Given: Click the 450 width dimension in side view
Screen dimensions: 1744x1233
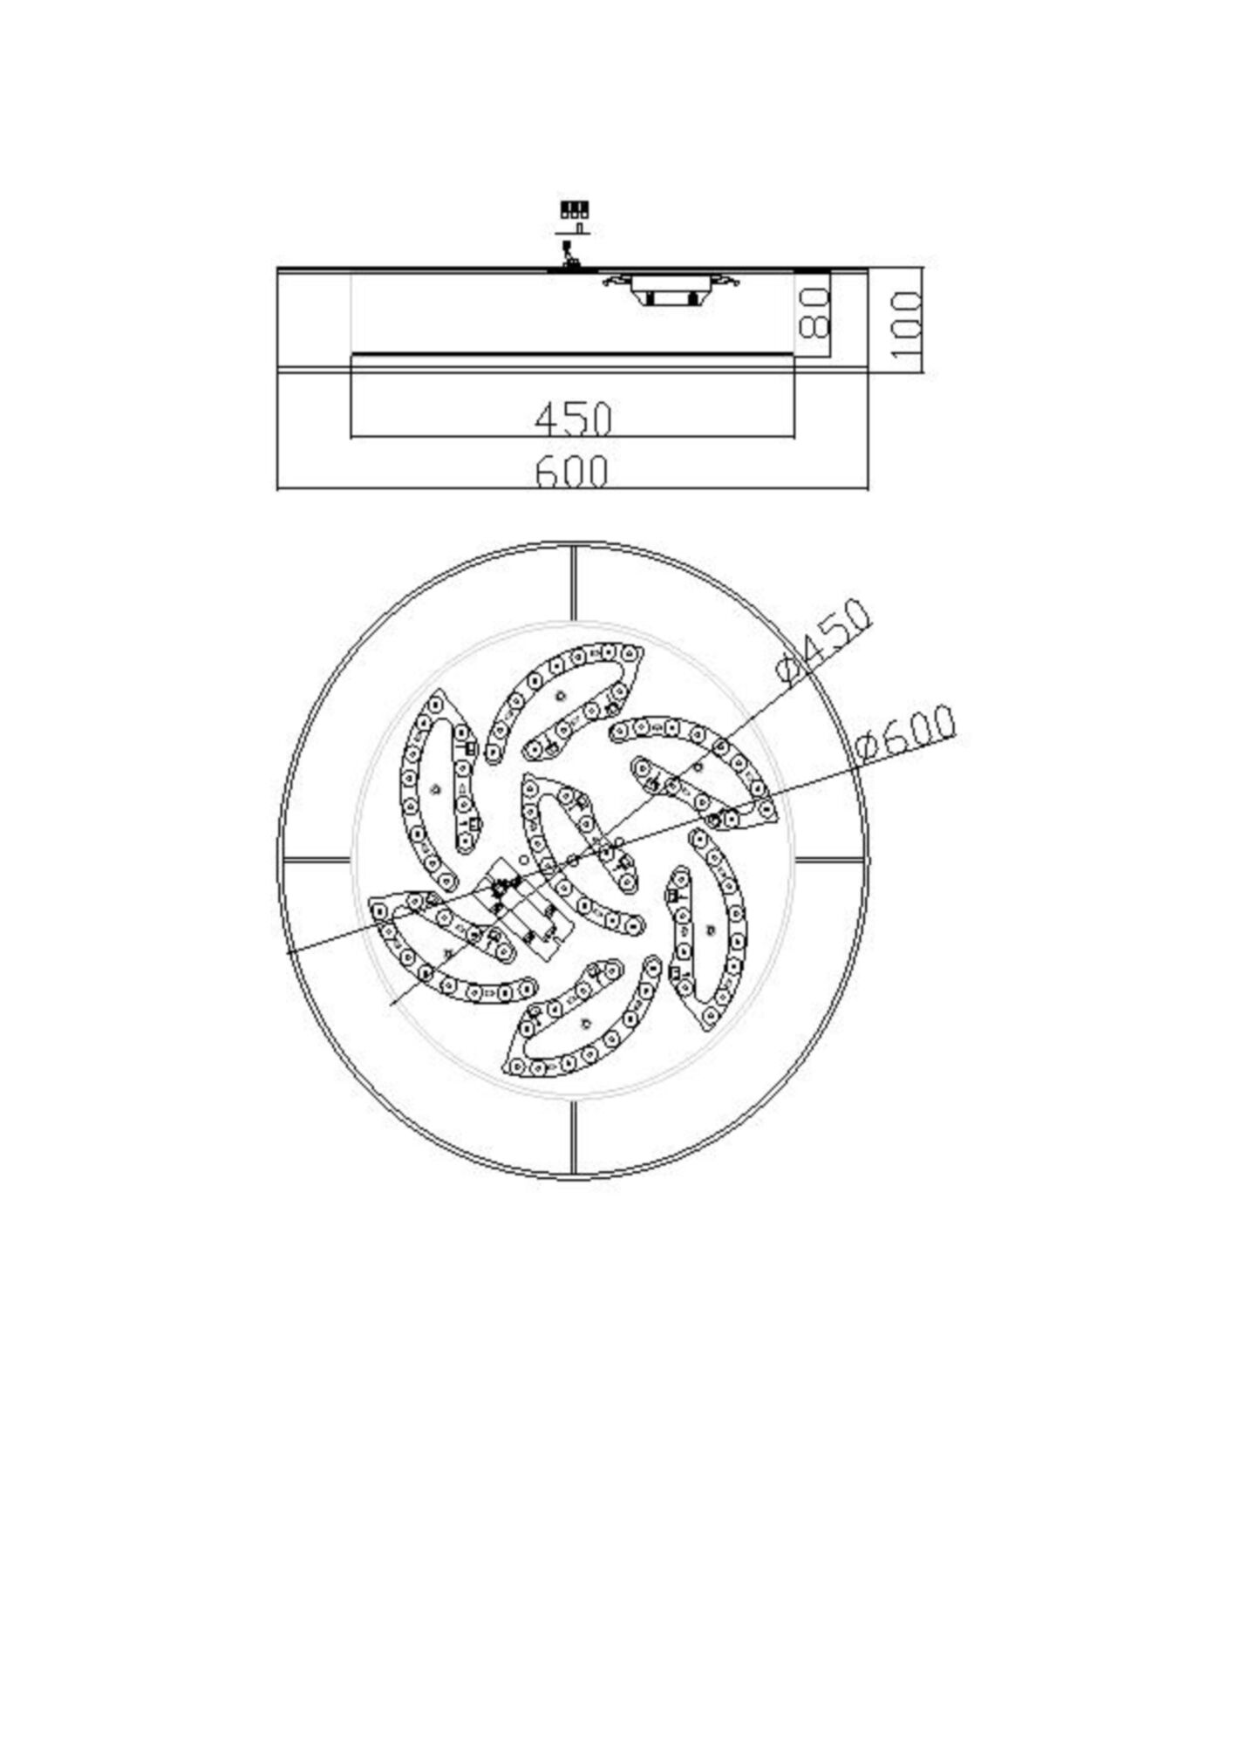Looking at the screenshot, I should (573, 419).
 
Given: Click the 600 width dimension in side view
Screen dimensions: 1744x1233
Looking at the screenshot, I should (571, 473).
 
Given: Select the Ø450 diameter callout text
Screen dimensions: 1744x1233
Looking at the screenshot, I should (823, 642).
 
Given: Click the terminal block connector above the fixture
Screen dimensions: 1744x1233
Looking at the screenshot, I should (574, 209).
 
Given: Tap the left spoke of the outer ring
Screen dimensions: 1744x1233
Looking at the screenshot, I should (317, 860).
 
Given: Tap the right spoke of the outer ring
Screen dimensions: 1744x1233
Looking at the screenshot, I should (829, 860).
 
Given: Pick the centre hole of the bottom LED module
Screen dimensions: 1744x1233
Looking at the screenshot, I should (586, 1024).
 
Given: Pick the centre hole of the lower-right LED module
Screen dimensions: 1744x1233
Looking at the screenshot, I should (711, 929).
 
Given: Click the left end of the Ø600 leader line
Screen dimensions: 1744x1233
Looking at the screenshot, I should (289, 954).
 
